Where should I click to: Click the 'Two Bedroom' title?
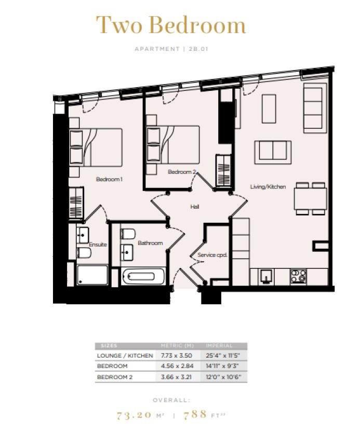click(x=170, y=25)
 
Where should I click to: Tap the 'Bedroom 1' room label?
click(x=109, y=179)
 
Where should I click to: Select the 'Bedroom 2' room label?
click(x=182, y=171)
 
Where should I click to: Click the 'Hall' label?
click(x=195, y=207)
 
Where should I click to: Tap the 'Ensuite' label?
click(x=98, y=245)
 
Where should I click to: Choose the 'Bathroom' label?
click(x=150, y=243)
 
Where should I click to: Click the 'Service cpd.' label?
click(x=213, y=255)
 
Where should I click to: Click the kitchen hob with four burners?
click(x=298, y=276)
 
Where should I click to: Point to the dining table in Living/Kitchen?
click(x=310, y=198)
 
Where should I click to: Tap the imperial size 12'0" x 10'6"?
click(x=223, y=376)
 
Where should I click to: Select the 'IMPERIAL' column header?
click(x=219, y=346)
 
